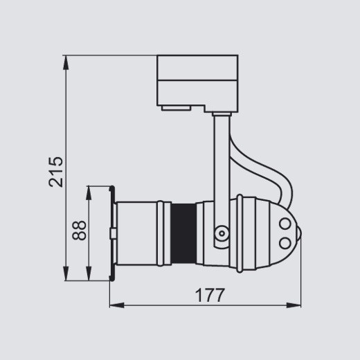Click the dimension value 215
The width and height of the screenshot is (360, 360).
[56, 172]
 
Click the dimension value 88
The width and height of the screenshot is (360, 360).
[79, 231]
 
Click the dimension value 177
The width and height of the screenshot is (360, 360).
[210, 295]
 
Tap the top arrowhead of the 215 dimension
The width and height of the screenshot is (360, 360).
[66, 62]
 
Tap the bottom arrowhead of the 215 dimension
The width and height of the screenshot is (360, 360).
[66, 273]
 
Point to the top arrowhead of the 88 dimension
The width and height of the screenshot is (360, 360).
[89, 193]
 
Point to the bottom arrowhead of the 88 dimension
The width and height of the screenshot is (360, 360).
[89, 273]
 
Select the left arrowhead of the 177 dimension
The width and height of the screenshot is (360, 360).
[117, 305]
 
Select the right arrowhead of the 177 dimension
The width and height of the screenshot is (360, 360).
[294, 305]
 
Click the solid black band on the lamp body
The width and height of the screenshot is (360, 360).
[183, 233]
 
